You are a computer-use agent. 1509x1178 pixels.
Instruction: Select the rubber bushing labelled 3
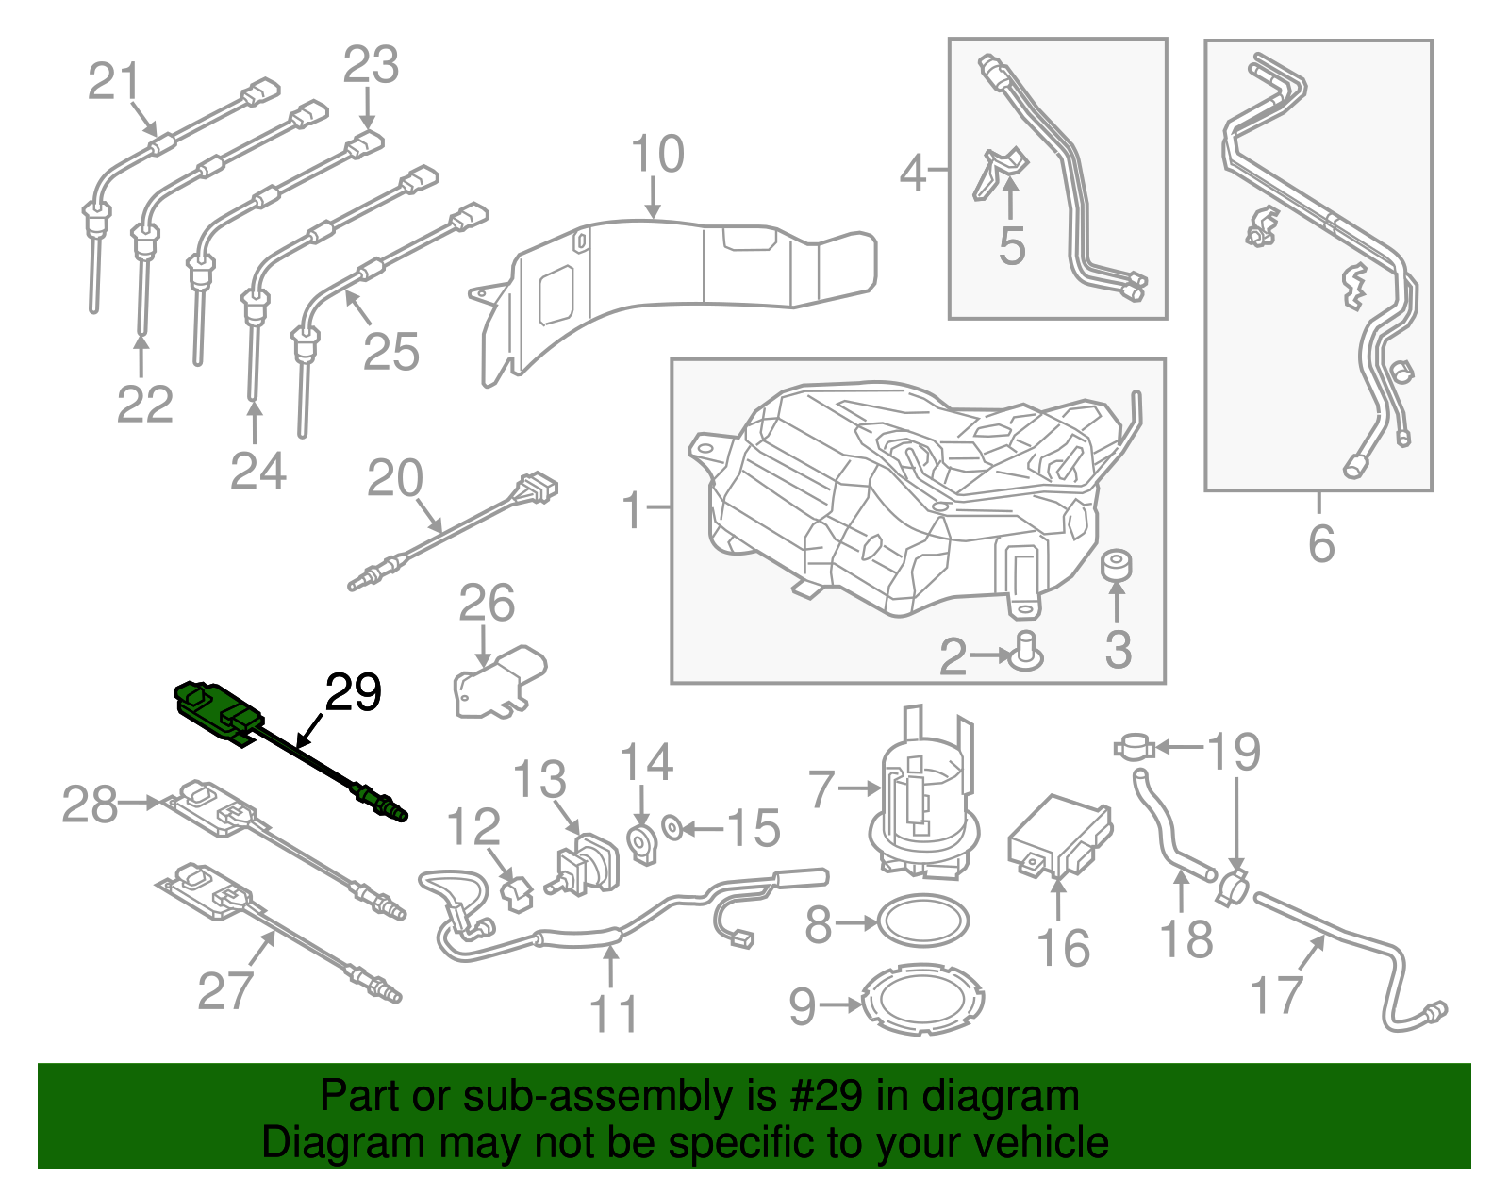[x=1117, y=565]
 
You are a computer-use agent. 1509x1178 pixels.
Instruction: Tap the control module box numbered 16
[x=1059, y=836]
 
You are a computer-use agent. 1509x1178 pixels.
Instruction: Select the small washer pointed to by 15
[x=672, y=829]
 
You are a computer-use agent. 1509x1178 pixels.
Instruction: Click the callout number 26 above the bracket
[x=487, y=604]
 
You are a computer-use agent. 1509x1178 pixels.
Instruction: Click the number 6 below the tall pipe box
[x=1320, y=544]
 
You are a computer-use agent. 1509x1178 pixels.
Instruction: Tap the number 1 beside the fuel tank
[x=633, y=510]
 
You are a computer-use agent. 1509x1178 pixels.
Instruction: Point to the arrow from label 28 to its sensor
[x=141, y=803]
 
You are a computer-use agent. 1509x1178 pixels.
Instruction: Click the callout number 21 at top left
[x=114, y=81]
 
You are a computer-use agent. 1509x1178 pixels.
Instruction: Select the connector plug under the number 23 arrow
[x=365, y=145]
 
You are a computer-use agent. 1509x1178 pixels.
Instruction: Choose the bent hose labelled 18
[x=1166, y=825]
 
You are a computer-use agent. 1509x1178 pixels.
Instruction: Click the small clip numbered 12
[x=517, y=891]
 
